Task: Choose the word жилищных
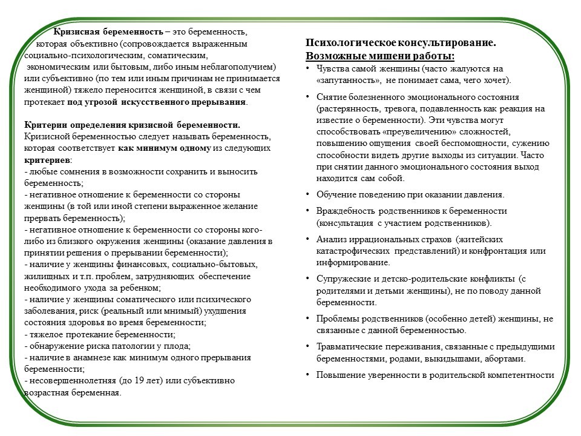(x=44, y=276)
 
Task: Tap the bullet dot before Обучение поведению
(x=308, y=195)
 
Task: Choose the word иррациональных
(x=378, y=239)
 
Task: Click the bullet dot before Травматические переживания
(x=308, y=346)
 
